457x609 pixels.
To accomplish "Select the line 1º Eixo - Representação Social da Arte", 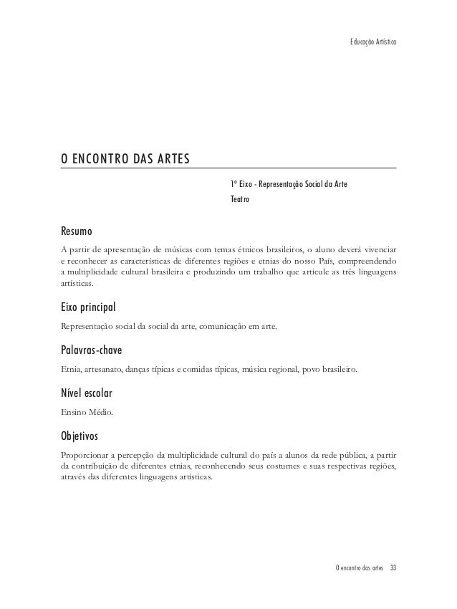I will (x=289, y=184).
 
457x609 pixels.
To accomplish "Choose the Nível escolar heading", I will (x=85, y=393).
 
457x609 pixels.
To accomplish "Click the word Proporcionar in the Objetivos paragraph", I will (x=83, y=454).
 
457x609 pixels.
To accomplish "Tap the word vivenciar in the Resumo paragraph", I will (x=377, y=250).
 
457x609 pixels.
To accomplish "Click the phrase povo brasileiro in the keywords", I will (x=336, y=370).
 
